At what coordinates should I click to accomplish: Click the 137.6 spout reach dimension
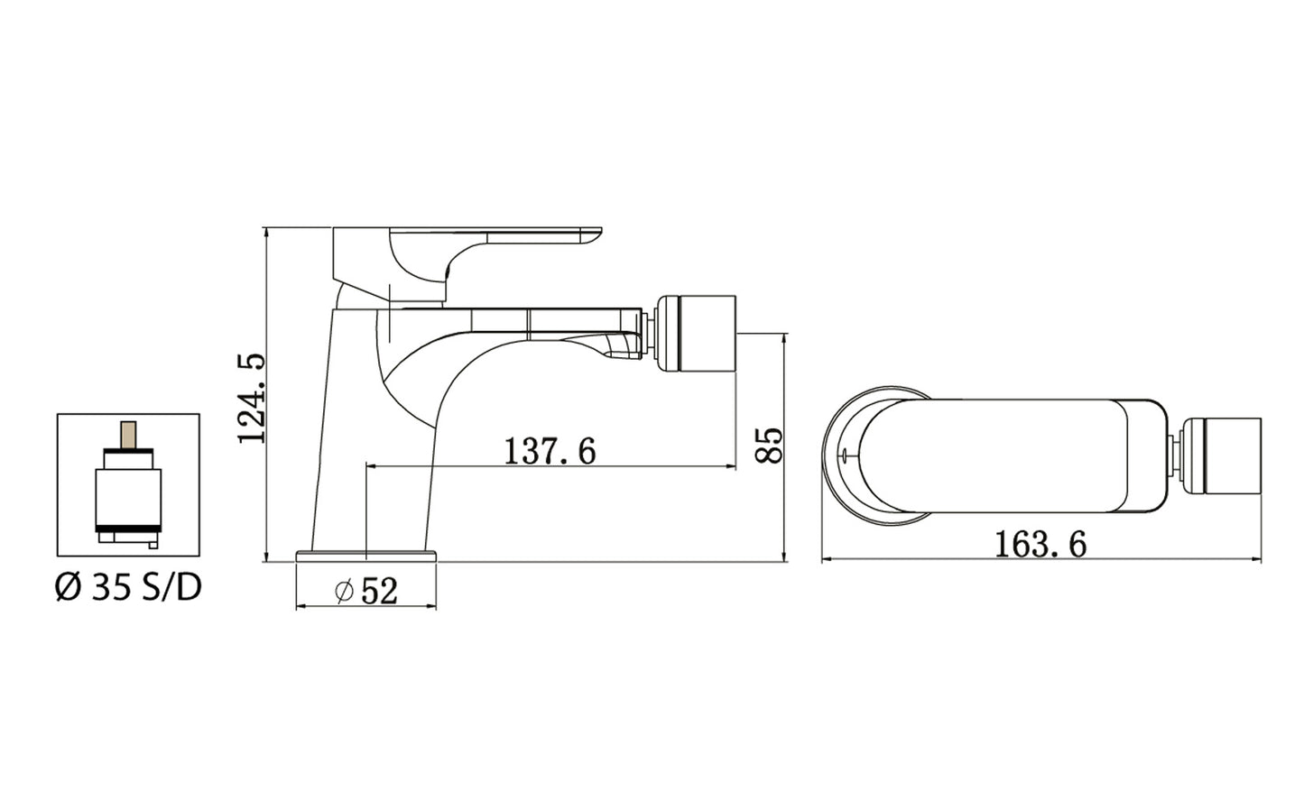tap(550, 450)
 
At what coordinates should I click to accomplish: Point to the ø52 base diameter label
tap(365, 591)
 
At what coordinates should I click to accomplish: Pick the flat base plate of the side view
tap(366, 555)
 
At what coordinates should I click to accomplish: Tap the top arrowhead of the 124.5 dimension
tap(267, 233)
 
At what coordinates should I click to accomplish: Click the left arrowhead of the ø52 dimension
tap(301, 607)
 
